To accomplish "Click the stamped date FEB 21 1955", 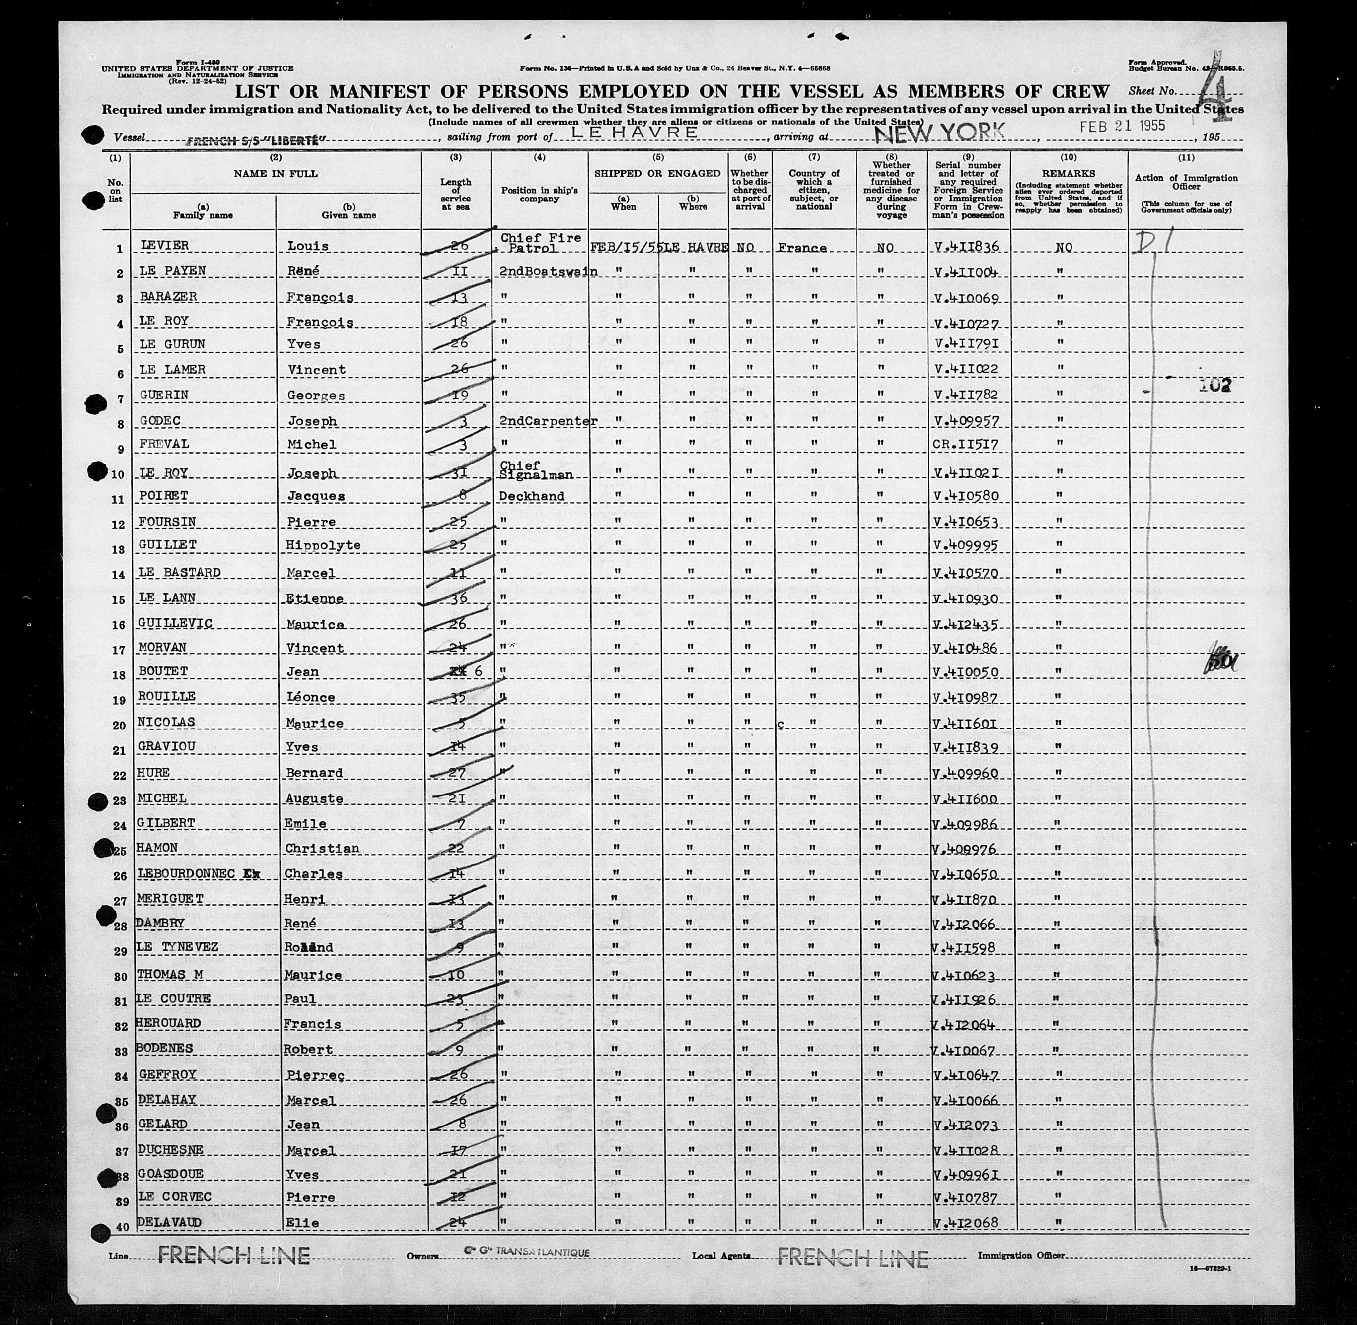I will pos(1122,126).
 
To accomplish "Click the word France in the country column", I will pos(802,248).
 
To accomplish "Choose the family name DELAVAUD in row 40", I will pos(170,1223).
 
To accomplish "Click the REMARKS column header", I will pos(1069,173).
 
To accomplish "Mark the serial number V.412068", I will pos(965,1223).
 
